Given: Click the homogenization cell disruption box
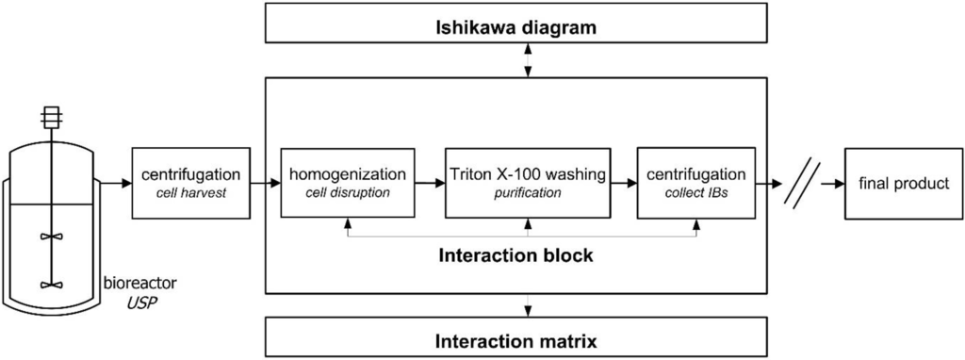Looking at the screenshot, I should (x=349, y=182).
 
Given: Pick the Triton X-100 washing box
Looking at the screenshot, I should (x=528, y=182).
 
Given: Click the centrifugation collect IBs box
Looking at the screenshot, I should (x=698, y=182).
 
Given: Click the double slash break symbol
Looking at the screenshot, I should (x=802, y=183).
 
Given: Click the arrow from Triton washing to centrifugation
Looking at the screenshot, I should (x=623, y=183).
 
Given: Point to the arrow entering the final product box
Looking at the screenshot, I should (x=832, y=183).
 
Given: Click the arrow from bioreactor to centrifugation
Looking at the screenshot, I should (x=114, y=183).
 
